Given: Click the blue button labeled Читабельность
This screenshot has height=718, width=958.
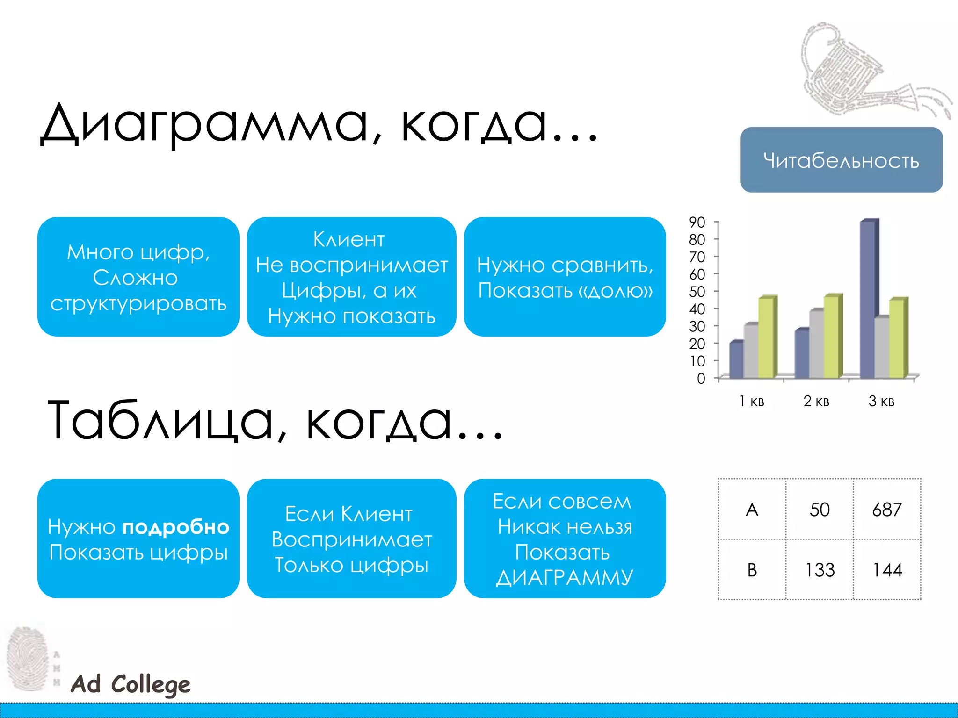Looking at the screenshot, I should [x=841, y=160].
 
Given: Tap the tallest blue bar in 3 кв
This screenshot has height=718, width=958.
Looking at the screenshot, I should [x=868, y=299].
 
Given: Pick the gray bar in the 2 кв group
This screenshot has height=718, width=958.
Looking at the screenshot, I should [x=817, y=344].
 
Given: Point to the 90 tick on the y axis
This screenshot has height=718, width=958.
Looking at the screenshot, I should [x=697, y=223].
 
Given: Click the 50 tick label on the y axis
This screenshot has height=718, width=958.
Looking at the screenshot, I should [x=697, y=292].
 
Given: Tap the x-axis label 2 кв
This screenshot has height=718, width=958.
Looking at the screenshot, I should [x=816, y=401].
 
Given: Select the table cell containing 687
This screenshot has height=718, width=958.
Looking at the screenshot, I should [x=887, y=510].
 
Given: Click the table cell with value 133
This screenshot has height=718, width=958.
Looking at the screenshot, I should [x=820, y=570].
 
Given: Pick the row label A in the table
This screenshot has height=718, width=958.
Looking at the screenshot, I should [x=752, y=510].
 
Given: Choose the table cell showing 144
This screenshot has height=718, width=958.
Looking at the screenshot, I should [x=887, y=570].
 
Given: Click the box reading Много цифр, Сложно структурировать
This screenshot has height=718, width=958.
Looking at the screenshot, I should [x=138, y=277].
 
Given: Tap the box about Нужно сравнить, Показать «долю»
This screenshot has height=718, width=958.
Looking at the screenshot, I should [x=565, y=277].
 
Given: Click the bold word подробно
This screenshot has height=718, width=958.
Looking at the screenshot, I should [x=176, y=527].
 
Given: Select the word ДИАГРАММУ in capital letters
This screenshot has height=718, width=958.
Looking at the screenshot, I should [x=565, y=578].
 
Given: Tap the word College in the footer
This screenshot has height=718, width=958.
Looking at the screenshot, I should [x=151, y=685].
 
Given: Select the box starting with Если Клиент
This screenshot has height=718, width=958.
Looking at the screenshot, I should [x=351, y=538].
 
